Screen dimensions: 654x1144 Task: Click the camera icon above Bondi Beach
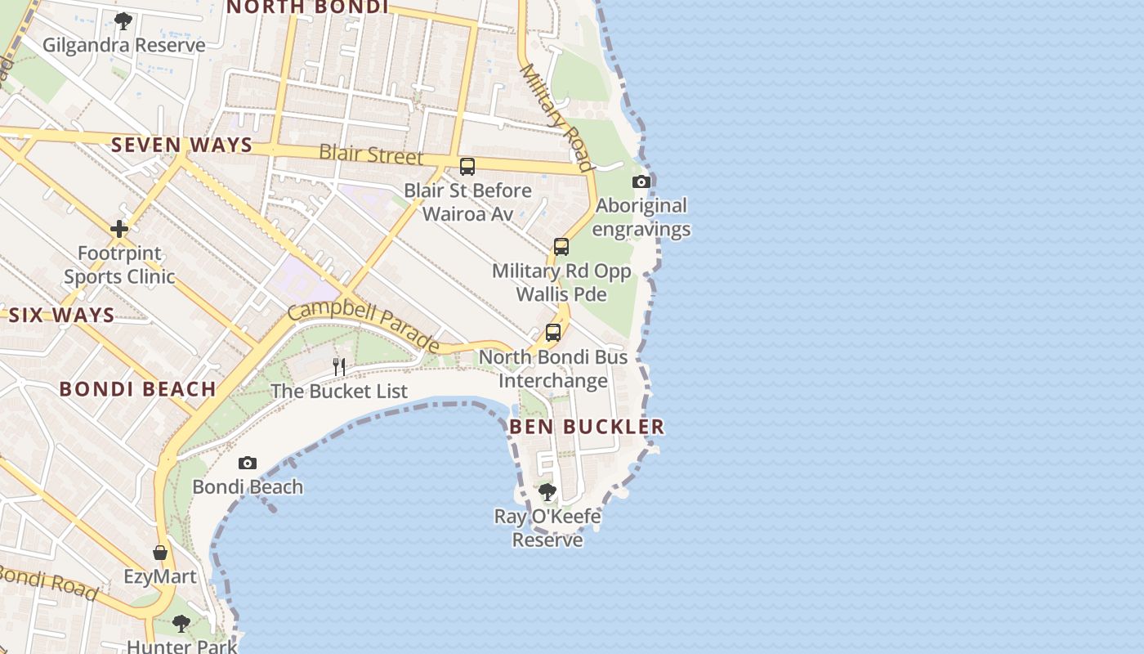click(x=248, y=464)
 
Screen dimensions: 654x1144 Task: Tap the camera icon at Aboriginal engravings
click(x=641, y=181)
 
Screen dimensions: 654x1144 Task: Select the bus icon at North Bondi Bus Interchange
click(x=553, y=333)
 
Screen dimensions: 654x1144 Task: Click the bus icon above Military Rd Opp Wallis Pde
click(x=561, y=246)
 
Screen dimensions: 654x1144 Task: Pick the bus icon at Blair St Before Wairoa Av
click(x=467, y=166)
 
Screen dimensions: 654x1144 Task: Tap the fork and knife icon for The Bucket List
click(x=339, y=366)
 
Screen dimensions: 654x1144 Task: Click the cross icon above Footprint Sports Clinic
click(x=119, y=229)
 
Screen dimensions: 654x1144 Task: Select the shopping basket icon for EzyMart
click(x=160, y=553)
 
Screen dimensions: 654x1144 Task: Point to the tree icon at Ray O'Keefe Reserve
click(x=547, y=492)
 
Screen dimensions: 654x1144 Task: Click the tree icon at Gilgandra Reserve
click(x=123, y=20)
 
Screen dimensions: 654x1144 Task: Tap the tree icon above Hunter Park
click(x=181, y=624)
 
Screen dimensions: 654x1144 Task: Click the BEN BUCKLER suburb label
click(x=587, y=427)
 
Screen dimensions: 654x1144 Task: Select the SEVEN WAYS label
click(x=181, y=146)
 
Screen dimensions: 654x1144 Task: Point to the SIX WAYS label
click(x=61, y=316)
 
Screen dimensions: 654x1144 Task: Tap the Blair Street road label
click(x=371, y=154)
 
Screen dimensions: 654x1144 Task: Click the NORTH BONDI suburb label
click(x=306, y=7)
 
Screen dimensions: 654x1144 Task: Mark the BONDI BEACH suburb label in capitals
click(x=137, y=389)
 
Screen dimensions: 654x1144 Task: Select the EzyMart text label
click(x=160, y=576)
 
